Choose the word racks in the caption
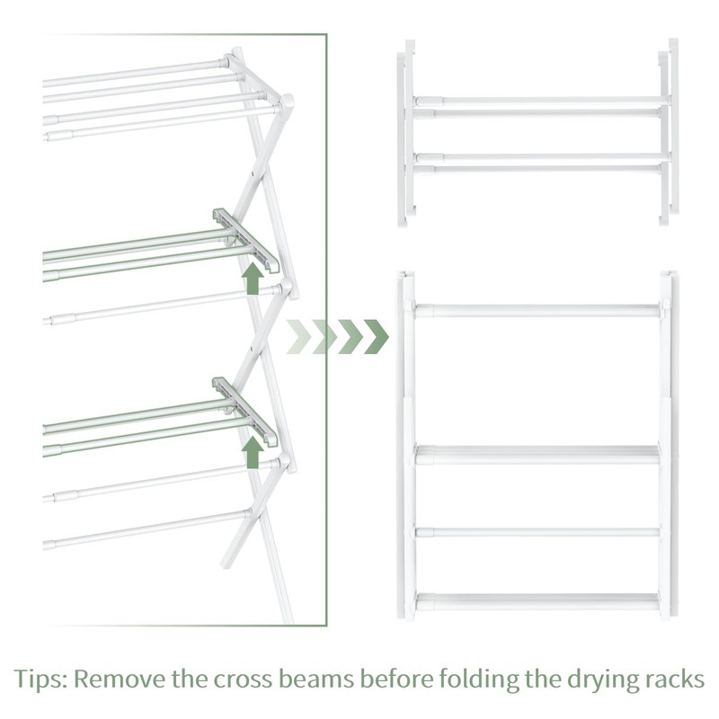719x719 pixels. tap(675, 679)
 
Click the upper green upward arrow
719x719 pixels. tap(253, 279)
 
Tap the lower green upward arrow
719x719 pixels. tap(253, 452)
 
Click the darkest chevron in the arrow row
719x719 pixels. tap(376, 336)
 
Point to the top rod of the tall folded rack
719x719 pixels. tap(537, 310)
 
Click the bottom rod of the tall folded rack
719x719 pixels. tap(537, 600)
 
